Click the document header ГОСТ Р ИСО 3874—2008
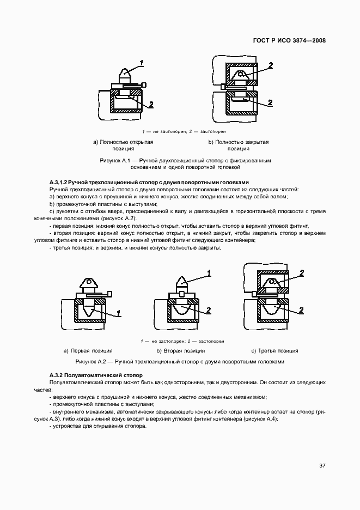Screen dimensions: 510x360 [295, 41]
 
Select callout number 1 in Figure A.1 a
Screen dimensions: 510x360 [142, 63]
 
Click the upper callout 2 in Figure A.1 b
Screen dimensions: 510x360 [270, 65]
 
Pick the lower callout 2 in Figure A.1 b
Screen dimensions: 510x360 [270, 102]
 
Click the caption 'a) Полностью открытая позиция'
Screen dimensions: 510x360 [123, 145]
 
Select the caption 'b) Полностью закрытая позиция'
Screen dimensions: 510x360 [238, 145]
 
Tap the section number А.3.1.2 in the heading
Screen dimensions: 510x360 [58, 182]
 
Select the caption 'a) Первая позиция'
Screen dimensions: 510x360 [88, 351]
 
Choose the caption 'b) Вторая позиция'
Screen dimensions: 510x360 [181, 351]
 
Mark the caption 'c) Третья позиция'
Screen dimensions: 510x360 [274, 351]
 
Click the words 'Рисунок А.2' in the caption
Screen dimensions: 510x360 [90, 361]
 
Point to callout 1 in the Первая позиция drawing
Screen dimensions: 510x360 [119, 313]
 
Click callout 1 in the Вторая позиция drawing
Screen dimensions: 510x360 [208, 272]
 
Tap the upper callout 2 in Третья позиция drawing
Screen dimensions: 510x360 [301, 273]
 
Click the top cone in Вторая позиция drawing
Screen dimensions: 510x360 [182, 283]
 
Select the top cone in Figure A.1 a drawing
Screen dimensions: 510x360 [125, 73]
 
